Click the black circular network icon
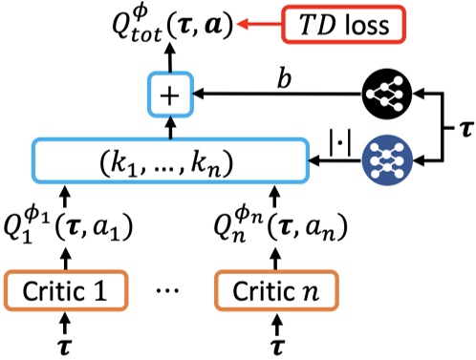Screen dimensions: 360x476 tap(389, 94)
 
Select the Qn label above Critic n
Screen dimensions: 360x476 tap(267, 228)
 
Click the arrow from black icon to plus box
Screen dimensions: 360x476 tap(277, 94)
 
